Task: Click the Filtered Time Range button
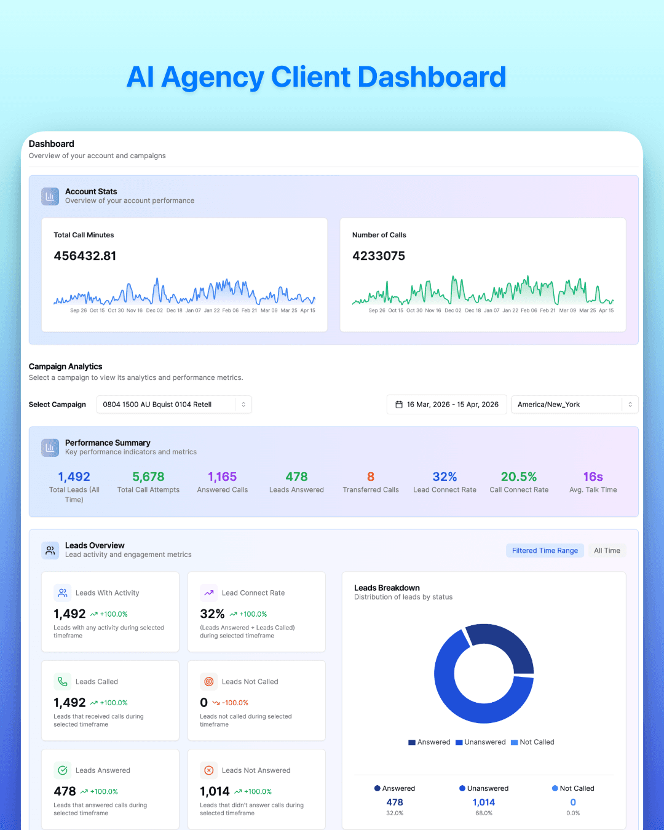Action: tap(545, 551)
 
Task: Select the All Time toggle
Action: tap(607, 551)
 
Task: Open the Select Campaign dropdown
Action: tap(174, 405)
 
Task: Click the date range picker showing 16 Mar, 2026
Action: tap(447, 405)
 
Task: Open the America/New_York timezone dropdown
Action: tap(574, 405)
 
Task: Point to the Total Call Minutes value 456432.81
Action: tap(85, 256)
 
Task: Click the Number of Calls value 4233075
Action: tap(379, 256)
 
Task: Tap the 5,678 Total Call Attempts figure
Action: tap(148, 477)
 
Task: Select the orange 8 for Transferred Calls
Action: tap(371, 477)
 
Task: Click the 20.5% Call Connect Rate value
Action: tap(519, 477)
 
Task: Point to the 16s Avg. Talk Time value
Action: tap(593, 477)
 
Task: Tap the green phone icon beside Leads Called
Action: tap(63, 681)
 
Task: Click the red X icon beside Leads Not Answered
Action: tap(209, 770)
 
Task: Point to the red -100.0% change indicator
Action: tap(235, 703)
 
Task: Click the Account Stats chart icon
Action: tap(50, 196)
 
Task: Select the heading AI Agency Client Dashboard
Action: tap(316, 77)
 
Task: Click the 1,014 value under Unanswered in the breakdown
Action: tap(483, 802)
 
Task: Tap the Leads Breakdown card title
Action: tap(387, 588)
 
